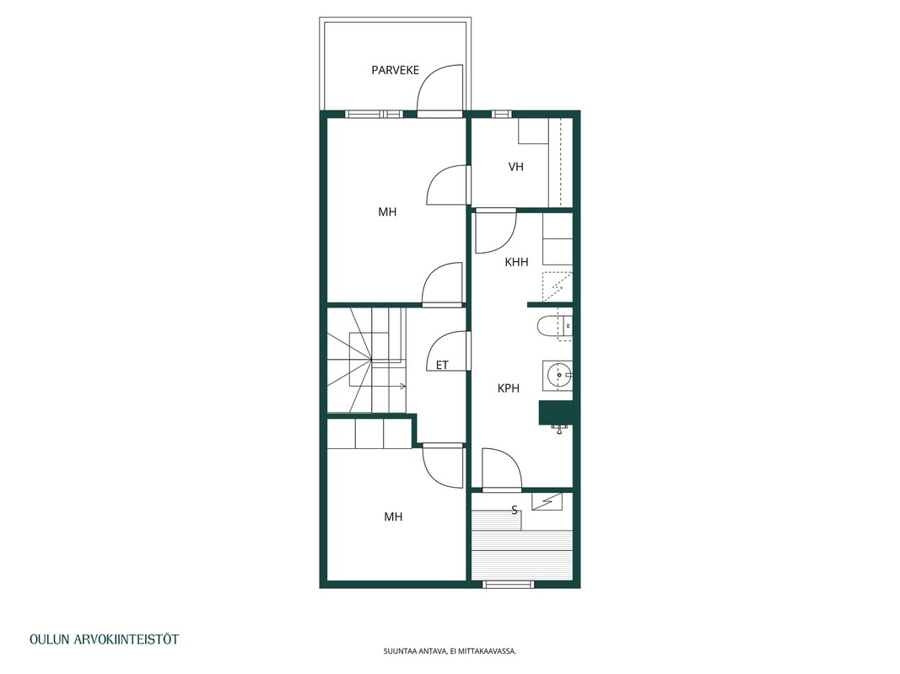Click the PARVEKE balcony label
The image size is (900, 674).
[x=395, y=70]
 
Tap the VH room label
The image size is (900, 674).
[x=516, y=167]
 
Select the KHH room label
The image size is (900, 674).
[x=516, y=262]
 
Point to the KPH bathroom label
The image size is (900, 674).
[x=509, y=388]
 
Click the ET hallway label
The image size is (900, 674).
[x=442, y=365]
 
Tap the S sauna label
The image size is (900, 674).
[x=515, y=510]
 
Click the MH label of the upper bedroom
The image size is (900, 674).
[x=387, y=212]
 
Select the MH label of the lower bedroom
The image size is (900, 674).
[x=393, y=517]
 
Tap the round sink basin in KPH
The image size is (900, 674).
[x=558, y=376]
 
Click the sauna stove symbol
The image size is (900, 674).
[x=547, y=501]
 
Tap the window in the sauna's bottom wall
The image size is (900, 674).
[x=508, y=584]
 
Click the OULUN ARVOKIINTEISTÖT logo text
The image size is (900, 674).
[x=105, y=639]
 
